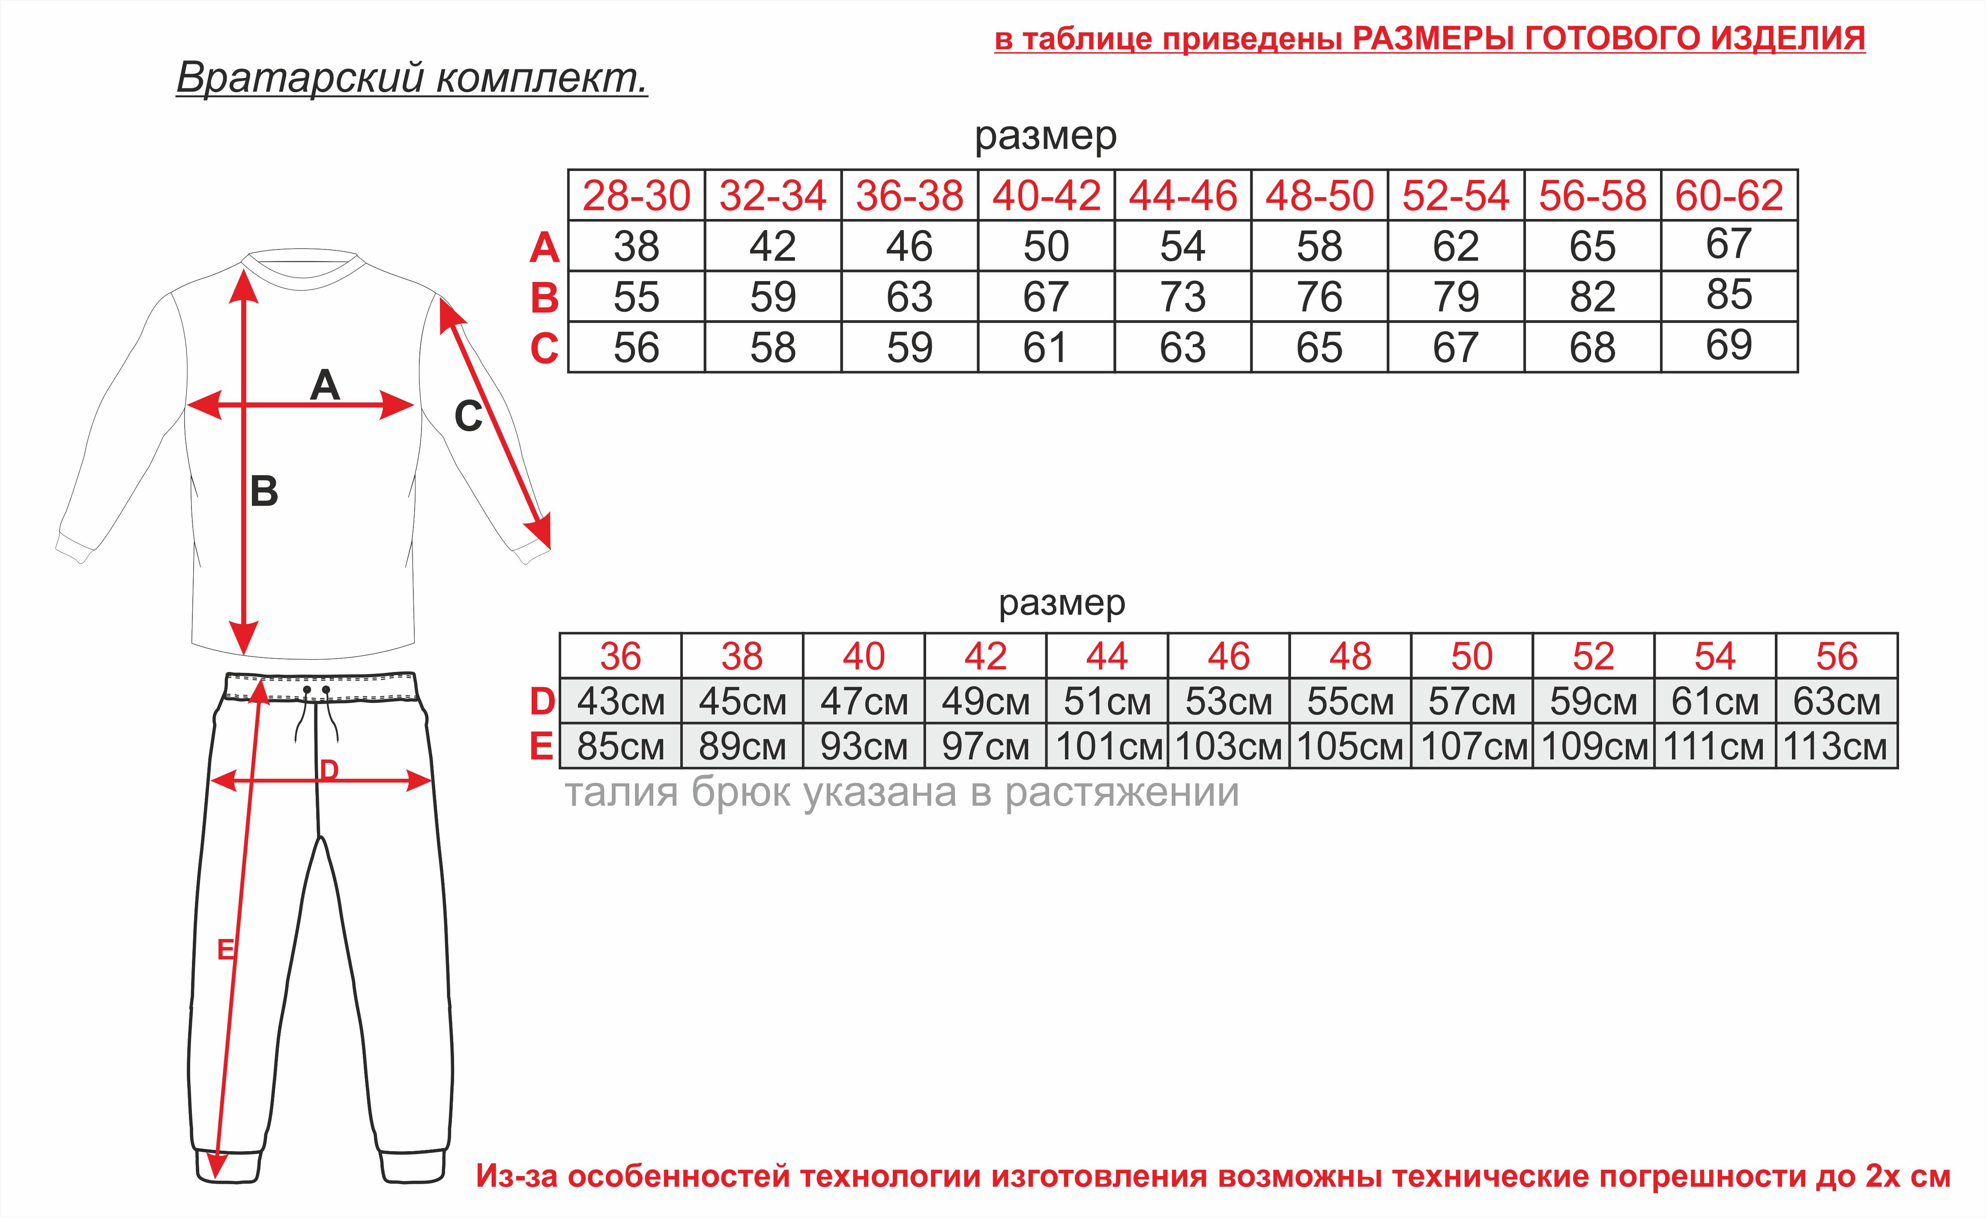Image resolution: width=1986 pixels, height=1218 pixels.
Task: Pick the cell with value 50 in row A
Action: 1046,246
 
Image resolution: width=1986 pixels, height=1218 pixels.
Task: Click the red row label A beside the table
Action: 545,247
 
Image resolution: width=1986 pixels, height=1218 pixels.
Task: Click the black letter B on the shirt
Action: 264,491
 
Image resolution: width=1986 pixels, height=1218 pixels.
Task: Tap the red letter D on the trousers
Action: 329,771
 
